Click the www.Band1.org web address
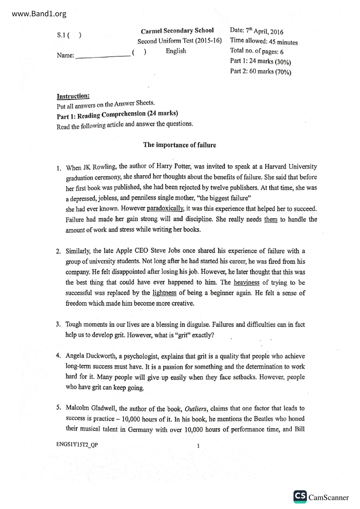pos(39,14)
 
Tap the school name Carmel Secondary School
pos(177,31)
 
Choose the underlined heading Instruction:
pos(73,96)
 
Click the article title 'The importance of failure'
pos(179,145)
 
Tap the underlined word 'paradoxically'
pos(165,209)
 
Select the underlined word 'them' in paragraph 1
pos(271,219)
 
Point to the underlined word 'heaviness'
pos(246,282)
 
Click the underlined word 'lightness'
pos(164,293)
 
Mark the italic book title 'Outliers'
pos(196,409)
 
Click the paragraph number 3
pos(58,324)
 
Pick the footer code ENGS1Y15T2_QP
pos(77,445)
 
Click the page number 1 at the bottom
pos(198,446)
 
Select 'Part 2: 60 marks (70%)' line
pos(260,72)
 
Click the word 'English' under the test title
pos(176,51)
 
